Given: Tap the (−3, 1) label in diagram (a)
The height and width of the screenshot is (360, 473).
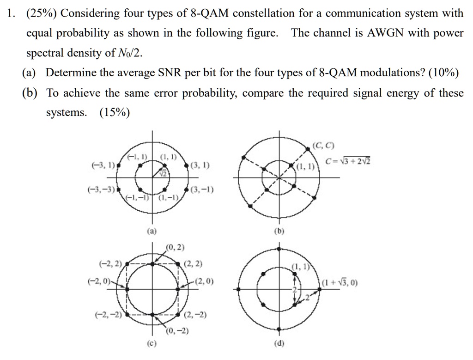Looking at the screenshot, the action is coord(102,165).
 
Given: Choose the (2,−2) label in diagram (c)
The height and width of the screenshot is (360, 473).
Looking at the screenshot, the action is coord(195,316).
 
